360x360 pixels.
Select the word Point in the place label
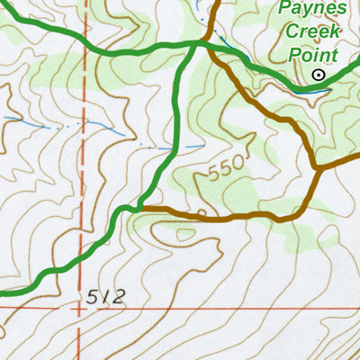tap(312, 54)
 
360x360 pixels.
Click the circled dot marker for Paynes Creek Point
tap(317, 76)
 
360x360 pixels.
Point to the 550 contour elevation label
tap(225, 167)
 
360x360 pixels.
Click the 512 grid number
tap(107, 296)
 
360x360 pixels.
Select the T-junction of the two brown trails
tap(318, 166)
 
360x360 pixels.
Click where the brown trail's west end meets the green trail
tap(142, 208)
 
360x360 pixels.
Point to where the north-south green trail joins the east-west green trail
tap(195, 44)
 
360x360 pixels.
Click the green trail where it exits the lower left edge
tap(3, 292)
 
